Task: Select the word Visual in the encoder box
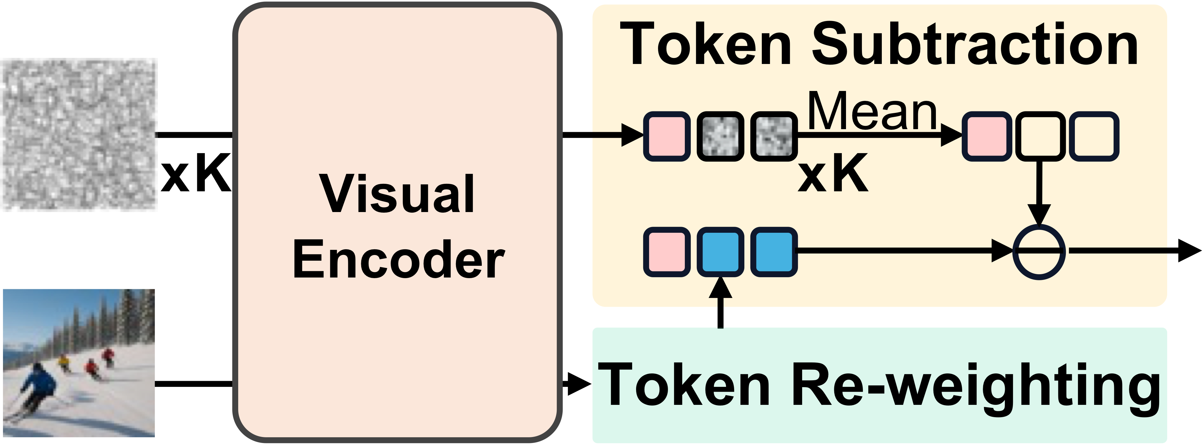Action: [397, 194]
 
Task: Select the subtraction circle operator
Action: [1038, 252]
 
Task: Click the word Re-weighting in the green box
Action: [976, 385]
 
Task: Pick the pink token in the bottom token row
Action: [666, 252]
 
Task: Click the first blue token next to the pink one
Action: [720, 252]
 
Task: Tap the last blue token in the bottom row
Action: [774, 252]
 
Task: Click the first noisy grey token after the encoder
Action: [720, 136]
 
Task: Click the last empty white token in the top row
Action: [1094, 136]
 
